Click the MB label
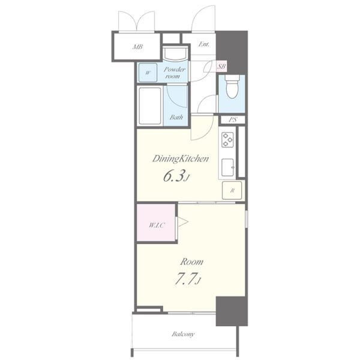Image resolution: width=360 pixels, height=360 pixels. pyautogui.click(x=138, y=47)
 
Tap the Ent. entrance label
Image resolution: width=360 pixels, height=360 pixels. pyautogui.click(x=204, y=44)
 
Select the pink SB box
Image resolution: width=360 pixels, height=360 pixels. pyautogui.click(x=221, y=67)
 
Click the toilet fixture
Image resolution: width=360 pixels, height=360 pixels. pyautogui.click(x=232, y=86)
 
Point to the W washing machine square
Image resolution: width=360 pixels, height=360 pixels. pyautogui.click(x=148, y=73)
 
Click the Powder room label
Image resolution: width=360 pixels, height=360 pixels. pyautogui.click(x=174, y=73)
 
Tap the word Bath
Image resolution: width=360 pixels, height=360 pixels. pyautogui.click(x=176, y=118)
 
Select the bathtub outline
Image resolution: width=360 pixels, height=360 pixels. pyautogui.click(x=150, y=106)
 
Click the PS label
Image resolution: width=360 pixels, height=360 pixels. pyautogui.click(x=233, y=119)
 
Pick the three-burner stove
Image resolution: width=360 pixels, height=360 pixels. pyautogui.click(x=227, y=140)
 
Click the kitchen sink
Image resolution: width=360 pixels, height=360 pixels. pyautogui.click(x=228, y=167)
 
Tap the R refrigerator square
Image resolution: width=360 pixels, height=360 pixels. pyautogui.click(x=232, y=190)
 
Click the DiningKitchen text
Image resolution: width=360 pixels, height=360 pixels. pyautogui.click(x=181, y=159)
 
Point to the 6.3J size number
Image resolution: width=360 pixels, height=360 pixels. pyautogui.click(x=176, y=176)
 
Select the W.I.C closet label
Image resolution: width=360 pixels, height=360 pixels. pyautogui.click(x=157, y=225)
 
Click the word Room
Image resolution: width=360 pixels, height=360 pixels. pyautogui.click(x=191, y=262)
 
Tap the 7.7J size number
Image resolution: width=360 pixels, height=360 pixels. pyautogui.click(x=188, y=279)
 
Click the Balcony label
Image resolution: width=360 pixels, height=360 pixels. pyautogui.click(x=183, y=334)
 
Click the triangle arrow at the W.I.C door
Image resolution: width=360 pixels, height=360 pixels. pyautogui.click(x=183, y=222)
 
